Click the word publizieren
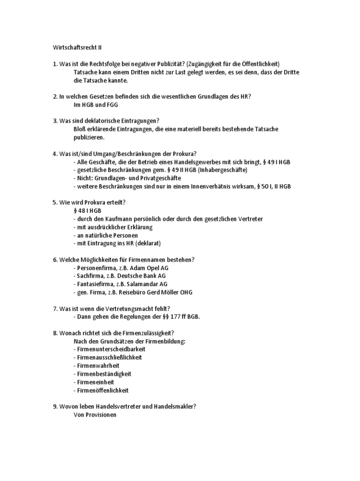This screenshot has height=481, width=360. click(x=89, y=137)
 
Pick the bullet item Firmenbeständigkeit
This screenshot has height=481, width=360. click(x=102, y=374)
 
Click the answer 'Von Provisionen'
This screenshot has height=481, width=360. click(x=95, y=415)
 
